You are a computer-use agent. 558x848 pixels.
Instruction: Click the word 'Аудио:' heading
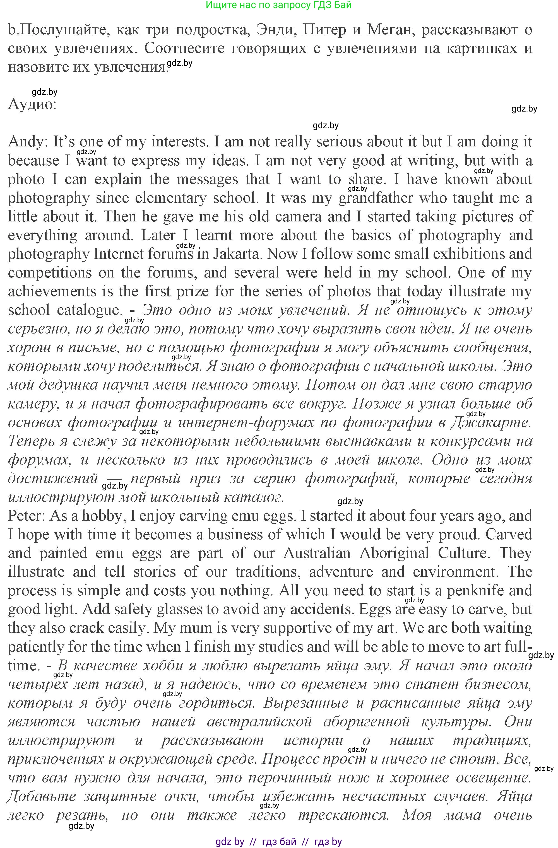[32, 104]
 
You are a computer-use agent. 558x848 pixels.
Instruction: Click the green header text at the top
[279, 5]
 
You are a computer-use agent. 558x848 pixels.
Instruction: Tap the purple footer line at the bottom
[279, 842]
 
